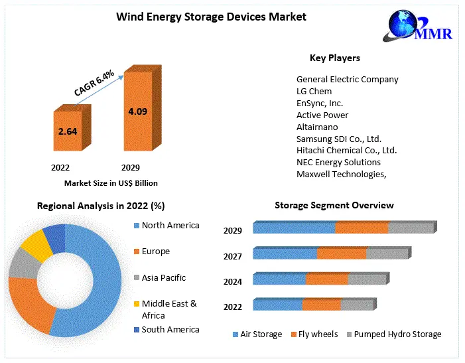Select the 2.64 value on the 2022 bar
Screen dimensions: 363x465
pyautogui.click(x=68, y=131)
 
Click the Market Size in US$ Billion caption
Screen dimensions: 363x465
pyautogui.click(x=111, y=182)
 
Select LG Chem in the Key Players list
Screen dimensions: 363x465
pyautogui.click(x=314, y=91)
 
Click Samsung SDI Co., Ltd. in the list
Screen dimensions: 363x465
pyautogui.click(x=338, y=139)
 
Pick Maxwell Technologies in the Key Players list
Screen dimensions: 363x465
pyautogui.click(x=341, y=174)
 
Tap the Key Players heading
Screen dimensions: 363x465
pyautogui.click(x=334, y=58)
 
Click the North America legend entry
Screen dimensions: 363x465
pyautogui.click(x=170, y=226)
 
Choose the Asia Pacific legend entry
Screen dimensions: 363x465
pyautogui.click(x=163, y=277)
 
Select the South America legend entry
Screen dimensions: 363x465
pyautogui.click(x=170, y=329)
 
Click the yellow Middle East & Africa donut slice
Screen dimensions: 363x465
pyautogui.click(x=36, y=244)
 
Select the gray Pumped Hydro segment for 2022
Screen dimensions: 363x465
pyautogui.click(x=357, y=305)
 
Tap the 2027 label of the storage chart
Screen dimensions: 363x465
pyautogui.click(x=233, y=256)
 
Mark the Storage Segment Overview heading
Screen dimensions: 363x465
pyautogui.click(x=334, y=206)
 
